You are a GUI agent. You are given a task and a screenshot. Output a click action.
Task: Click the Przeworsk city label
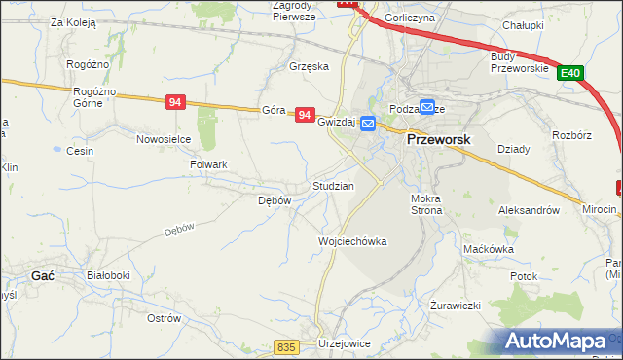[437, 139]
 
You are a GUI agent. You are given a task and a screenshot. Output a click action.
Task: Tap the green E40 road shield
[570, 72]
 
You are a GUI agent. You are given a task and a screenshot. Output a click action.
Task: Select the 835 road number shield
[284, 347]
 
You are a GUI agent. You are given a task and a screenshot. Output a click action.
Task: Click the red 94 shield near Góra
[306, 115]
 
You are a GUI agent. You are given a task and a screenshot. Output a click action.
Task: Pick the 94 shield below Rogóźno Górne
[175, 101]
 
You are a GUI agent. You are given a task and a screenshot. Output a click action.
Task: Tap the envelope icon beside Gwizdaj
[368, 124]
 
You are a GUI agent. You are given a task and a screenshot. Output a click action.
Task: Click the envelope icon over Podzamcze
[427, 107]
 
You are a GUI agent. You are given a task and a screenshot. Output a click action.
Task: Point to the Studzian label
[333, 185]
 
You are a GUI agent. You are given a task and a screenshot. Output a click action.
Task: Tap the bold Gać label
[42, 275]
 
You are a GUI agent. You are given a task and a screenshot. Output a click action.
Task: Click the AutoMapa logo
[556, 341]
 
